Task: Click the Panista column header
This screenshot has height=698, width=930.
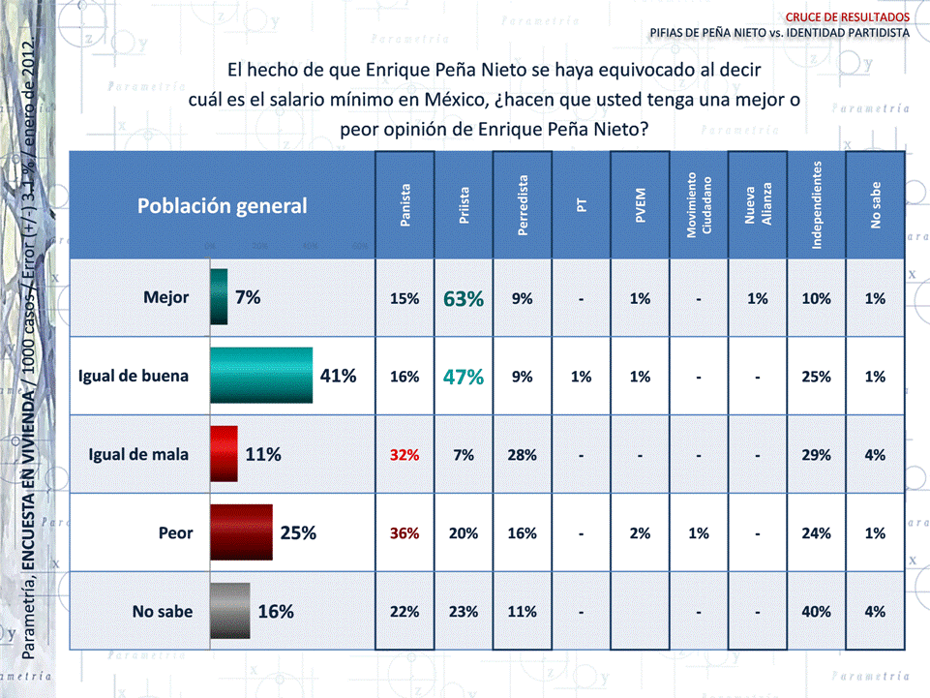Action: pos(405,205)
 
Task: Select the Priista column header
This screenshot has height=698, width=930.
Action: pos(465,205)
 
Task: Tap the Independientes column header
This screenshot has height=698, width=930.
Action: pos(817,205)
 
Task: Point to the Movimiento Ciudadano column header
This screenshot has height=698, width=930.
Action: pos(699,205)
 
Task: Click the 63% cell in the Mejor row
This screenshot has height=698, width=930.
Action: pos(464,299)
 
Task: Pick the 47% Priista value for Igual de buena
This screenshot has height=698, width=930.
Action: pos(464,378)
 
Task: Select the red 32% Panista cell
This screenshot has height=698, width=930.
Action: pos(405,455)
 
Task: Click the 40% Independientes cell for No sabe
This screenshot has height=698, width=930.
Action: pos(816,612)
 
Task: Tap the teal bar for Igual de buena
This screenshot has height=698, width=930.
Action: pos(261,376)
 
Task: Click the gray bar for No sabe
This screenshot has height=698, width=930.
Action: pos(230,611)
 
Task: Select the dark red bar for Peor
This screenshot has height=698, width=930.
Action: pos(241,532)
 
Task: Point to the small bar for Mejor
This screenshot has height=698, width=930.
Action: pos(219,297)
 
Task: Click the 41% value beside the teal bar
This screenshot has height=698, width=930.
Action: pos(339,376)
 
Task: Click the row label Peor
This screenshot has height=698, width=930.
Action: pos(176,532)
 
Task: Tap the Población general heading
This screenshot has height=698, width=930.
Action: pos(222,205)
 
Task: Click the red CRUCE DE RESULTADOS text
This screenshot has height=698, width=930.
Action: pos(847,16)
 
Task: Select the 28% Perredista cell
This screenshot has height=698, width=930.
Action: pos(523,455)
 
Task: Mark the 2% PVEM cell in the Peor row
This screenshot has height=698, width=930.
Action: pos(640,533)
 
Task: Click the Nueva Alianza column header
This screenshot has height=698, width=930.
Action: pos(758,205)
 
